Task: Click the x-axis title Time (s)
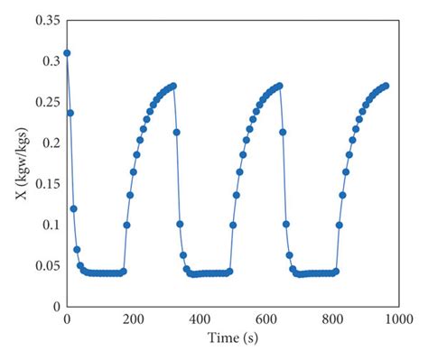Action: tap(232, 339)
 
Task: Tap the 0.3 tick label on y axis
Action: tap(51, 60)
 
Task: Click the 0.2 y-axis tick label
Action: tap(51, 143)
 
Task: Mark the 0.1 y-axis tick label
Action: tap(51, 225)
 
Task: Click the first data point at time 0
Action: tap(67, 52)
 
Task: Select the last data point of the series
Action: tap(386, 86)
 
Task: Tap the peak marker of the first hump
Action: tap(173, 86)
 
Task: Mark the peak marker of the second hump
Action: tap(279, 86)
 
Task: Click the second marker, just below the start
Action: tap(70, 113)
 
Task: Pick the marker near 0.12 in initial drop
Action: tap(74, 208)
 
